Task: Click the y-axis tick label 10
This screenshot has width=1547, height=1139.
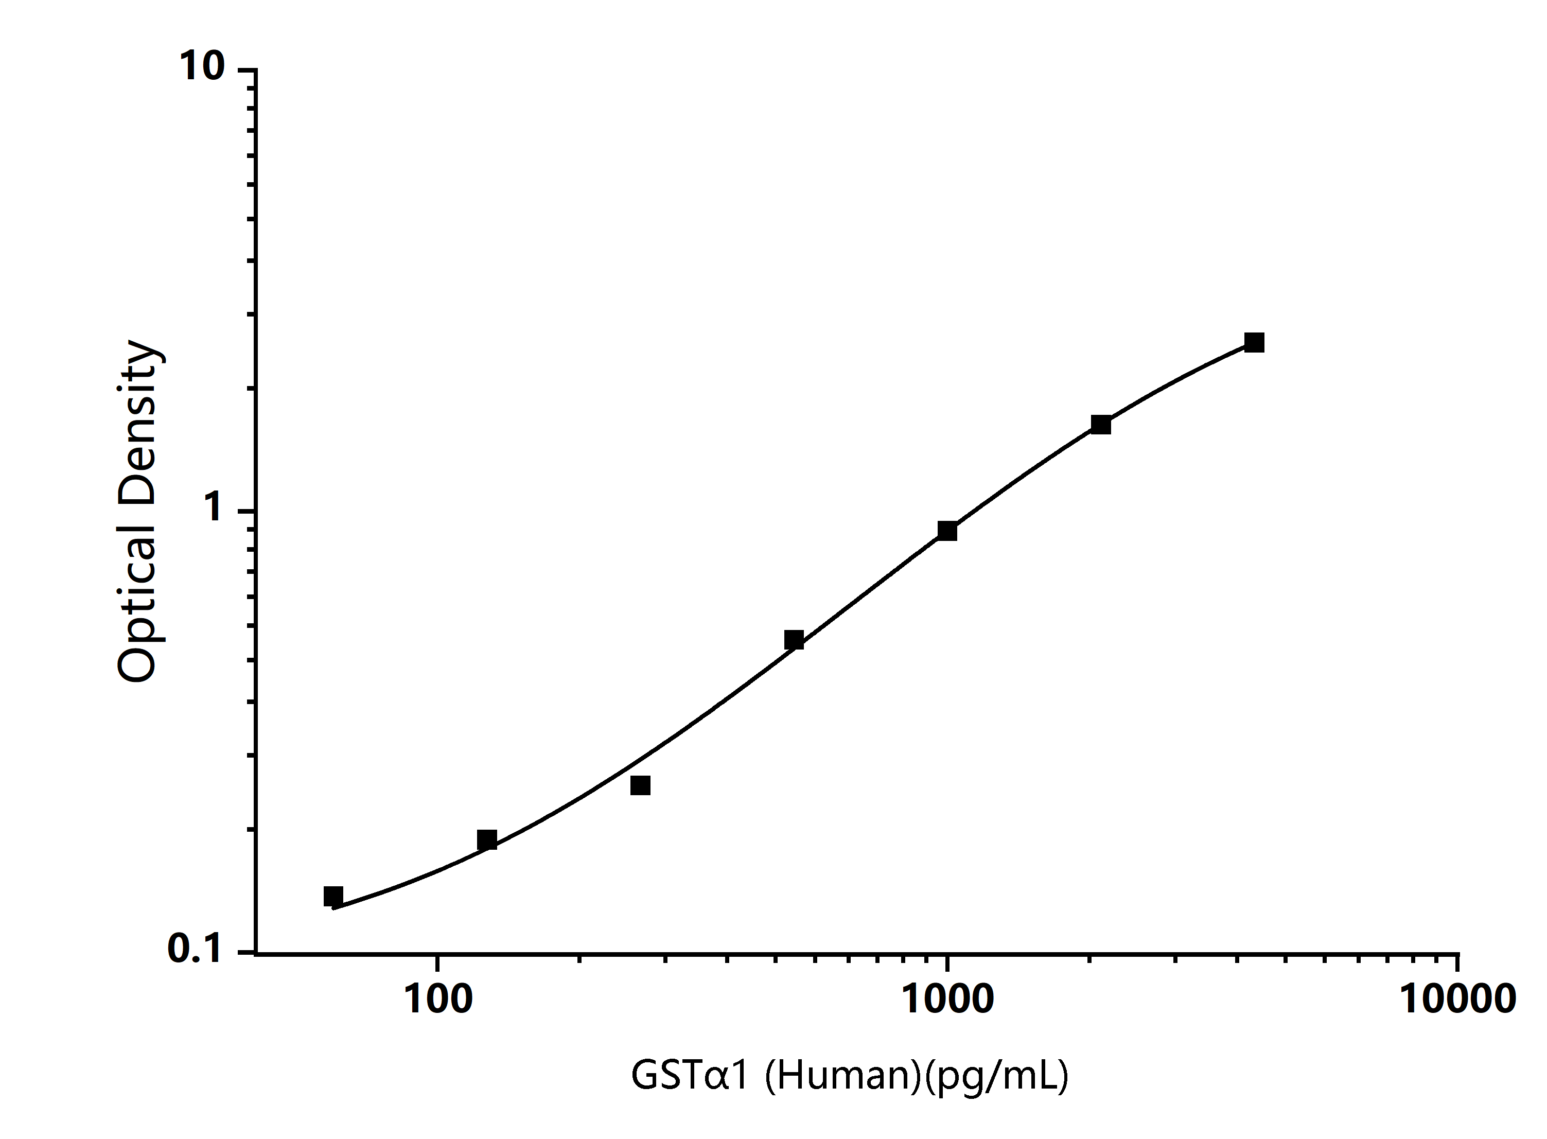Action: (202, 67)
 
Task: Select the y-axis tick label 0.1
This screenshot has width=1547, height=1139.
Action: (195, 950)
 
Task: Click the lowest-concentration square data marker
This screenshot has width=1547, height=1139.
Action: (333, 896)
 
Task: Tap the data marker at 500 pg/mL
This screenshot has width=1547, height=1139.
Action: (794, 640)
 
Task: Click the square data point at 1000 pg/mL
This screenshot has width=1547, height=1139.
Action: (947, 531)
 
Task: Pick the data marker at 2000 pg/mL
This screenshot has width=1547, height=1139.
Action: (1101, 425)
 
